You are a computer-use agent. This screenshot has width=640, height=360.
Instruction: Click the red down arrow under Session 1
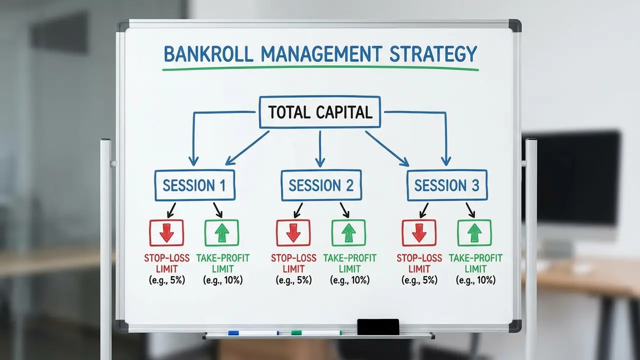click(166, 233)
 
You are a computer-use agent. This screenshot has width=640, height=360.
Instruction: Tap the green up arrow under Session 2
click(348, 233)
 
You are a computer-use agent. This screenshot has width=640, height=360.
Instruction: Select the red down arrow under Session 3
click(419, 233)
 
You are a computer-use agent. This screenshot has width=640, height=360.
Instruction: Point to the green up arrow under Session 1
click(221, 233)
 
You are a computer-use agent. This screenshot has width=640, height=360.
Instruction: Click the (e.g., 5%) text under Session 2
click(293, 280)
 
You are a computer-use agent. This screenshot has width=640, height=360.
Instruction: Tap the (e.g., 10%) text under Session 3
click(475, 280)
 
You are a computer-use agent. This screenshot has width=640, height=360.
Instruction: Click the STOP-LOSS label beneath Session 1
click(166, 258)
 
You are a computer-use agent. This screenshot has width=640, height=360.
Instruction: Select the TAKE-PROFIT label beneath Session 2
click(349, 258)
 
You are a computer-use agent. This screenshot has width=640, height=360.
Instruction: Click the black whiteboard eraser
click(378, 326)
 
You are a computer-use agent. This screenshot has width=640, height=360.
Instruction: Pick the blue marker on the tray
click(253, 333)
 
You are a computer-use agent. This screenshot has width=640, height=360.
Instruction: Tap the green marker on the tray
click(316, 332)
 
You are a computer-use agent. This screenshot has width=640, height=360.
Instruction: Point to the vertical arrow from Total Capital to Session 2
click(320, 149)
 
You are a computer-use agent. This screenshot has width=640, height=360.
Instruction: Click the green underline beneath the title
click(320, 68)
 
